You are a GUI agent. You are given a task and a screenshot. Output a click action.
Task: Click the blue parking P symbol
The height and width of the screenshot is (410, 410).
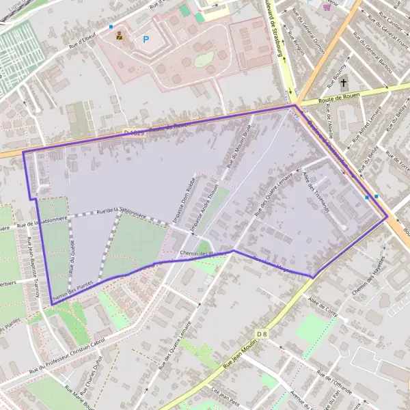146,40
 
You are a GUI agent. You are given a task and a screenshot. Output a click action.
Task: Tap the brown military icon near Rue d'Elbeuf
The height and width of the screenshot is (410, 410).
120,36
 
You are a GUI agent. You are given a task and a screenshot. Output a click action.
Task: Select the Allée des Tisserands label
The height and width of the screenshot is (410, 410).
315,191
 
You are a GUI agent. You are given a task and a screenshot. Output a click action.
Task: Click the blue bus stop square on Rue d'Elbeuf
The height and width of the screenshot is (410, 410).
111,27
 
